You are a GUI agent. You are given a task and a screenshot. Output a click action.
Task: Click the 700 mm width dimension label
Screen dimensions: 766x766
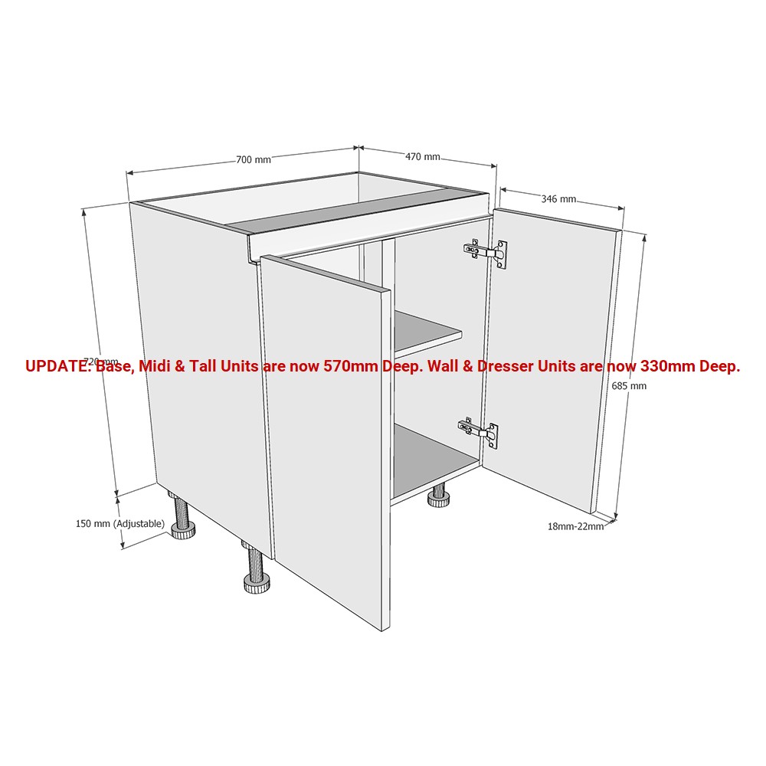254,160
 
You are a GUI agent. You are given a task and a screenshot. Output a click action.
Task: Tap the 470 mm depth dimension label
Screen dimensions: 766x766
423,157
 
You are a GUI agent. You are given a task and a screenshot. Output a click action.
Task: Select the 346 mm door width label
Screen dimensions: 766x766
558,199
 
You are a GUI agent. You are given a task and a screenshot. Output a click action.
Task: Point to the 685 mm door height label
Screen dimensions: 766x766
629,386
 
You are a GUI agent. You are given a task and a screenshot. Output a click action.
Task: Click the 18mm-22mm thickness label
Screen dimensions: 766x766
575,527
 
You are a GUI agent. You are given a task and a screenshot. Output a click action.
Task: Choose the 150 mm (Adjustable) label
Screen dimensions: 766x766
120,524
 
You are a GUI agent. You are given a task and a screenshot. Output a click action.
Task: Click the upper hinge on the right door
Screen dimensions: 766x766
485,253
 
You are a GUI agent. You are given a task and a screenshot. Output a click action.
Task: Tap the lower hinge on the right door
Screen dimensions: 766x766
478,431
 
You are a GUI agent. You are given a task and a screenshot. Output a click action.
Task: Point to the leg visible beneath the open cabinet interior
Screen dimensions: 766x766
439,496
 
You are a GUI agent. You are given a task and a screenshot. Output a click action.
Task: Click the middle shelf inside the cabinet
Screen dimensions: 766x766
426,331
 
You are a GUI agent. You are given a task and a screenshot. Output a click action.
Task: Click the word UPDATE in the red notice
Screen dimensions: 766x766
56,366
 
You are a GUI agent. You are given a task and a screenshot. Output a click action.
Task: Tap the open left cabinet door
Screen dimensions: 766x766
326,440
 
